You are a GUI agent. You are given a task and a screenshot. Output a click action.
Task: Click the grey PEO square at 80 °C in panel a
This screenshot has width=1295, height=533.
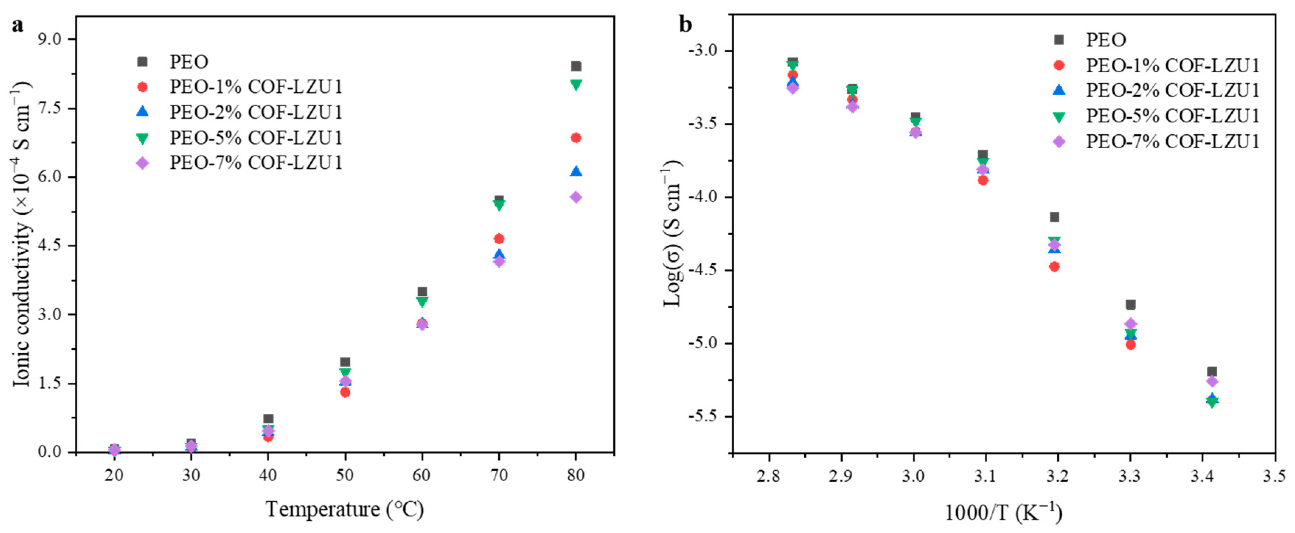click(x=576, y=66)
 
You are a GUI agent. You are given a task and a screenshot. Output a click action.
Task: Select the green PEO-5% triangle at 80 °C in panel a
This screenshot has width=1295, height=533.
click(x=576, y=84)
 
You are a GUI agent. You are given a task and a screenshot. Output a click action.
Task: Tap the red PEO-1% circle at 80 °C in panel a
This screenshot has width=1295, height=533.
click(x=576, y=138)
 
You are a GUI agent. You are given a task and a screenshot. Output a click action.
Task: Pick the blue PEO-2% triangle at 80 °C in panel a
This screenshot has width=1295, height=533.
click(x=576, y=172)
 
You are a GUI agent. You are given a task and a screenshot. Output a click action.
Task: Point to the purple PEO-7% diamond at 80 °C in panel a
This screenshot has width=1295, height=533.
click(x=576, y=197)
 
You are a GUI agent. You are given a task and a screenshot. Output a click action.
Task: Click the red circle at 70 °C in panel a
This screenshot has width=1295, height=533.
click(x=499, y=239)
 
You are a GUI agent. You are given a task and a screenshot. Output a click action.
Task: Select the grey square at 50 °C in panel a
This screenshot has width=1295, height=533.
click(x=345, y=362)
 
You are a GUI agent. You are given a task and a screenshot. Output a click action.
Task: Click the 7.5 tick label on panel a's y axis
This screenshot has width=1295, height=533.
click(x=49, y=108)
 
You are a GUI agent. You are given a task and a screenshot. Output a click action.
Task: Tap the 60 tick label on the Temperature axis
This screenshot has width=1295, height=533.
click(x=422, y=475)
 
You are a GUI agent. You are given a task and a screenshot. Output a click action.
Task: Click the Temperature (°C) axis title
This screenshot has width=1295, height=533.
click(x=345, y=509)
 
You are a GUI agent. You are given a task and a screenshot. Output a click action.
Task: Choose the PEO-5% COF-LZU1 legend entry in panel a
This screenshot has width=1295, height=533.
click(x=255, y=137)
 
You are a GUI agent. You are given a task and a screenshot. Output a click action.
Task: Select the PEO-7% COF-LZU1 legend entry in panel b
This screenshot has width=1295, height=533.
click(x=1172, y=141)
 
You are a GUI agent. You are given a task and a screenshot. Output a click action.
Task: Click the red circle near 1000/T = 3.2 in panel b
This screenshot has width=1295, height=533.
click(x=1054, y=266)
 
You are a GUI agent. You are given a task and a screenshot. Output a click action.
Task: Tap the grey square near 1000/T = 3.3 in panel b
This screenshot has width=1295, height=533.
click(x=1131, y=305)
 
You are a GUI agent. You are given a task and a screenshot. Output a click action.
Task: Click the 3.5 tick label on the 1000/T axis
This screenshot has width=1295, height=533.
click(x=1274, y=475)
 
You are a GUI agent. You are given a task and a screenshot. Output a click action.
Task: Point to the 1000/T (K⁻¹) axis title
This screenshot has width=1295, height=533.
click(x=1003, y=513)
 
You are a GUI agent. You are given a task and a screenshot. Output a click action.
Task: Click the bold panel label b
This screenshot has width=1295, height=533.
click(x=685, y=24)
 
